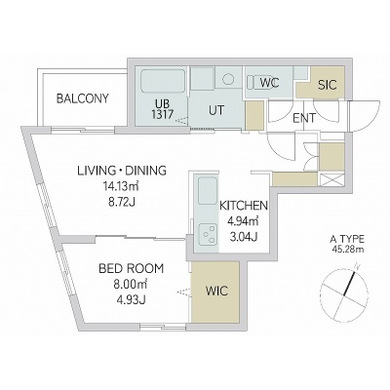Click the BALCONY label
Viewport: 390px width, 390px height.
pyautogui.click(x=83, y=98)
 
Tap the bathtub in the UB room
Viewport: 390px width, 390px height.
pyautogui.click(x=163, y=82)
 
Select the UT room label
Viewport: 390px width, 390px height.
pyautogui.click(x=216, y=110)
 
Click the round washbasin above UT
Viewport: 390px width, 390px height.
pyautogui.click(x=229, y=78)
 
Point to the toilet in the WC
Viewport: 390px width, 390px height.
pyautogui.click(x=257, y=82)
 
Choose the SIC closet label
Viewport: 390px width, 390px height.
pyautogui.click(x=328, y=85)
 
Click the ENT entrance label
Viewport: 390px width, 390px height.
pyautogui.click(x=304, y=118)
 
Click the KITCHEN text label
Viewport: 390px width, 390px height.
pyautogui.click(x=244, y=206)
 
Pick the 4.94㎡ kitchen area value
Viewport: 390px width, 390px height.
pyautogui.click(x=243, y=221)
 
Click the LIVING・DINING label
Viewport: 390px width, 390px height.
pyautogui.click(x=122, y=171)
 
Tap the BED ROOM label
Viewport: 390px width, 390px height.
pyautogui.click(x=131, y=269)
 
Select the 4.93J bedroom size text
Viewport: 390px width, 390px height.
pyautogui.click(x=131, y=299)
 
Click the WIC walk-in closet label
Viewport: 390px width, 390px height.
pyautogui.click(x=216, y=291)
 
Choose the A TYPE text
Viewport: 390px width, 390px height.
pyautogui.click(x=347, y=240)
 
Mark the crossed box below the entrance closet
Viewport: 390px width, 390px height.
pyautogui.click(x=331, y=180)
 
